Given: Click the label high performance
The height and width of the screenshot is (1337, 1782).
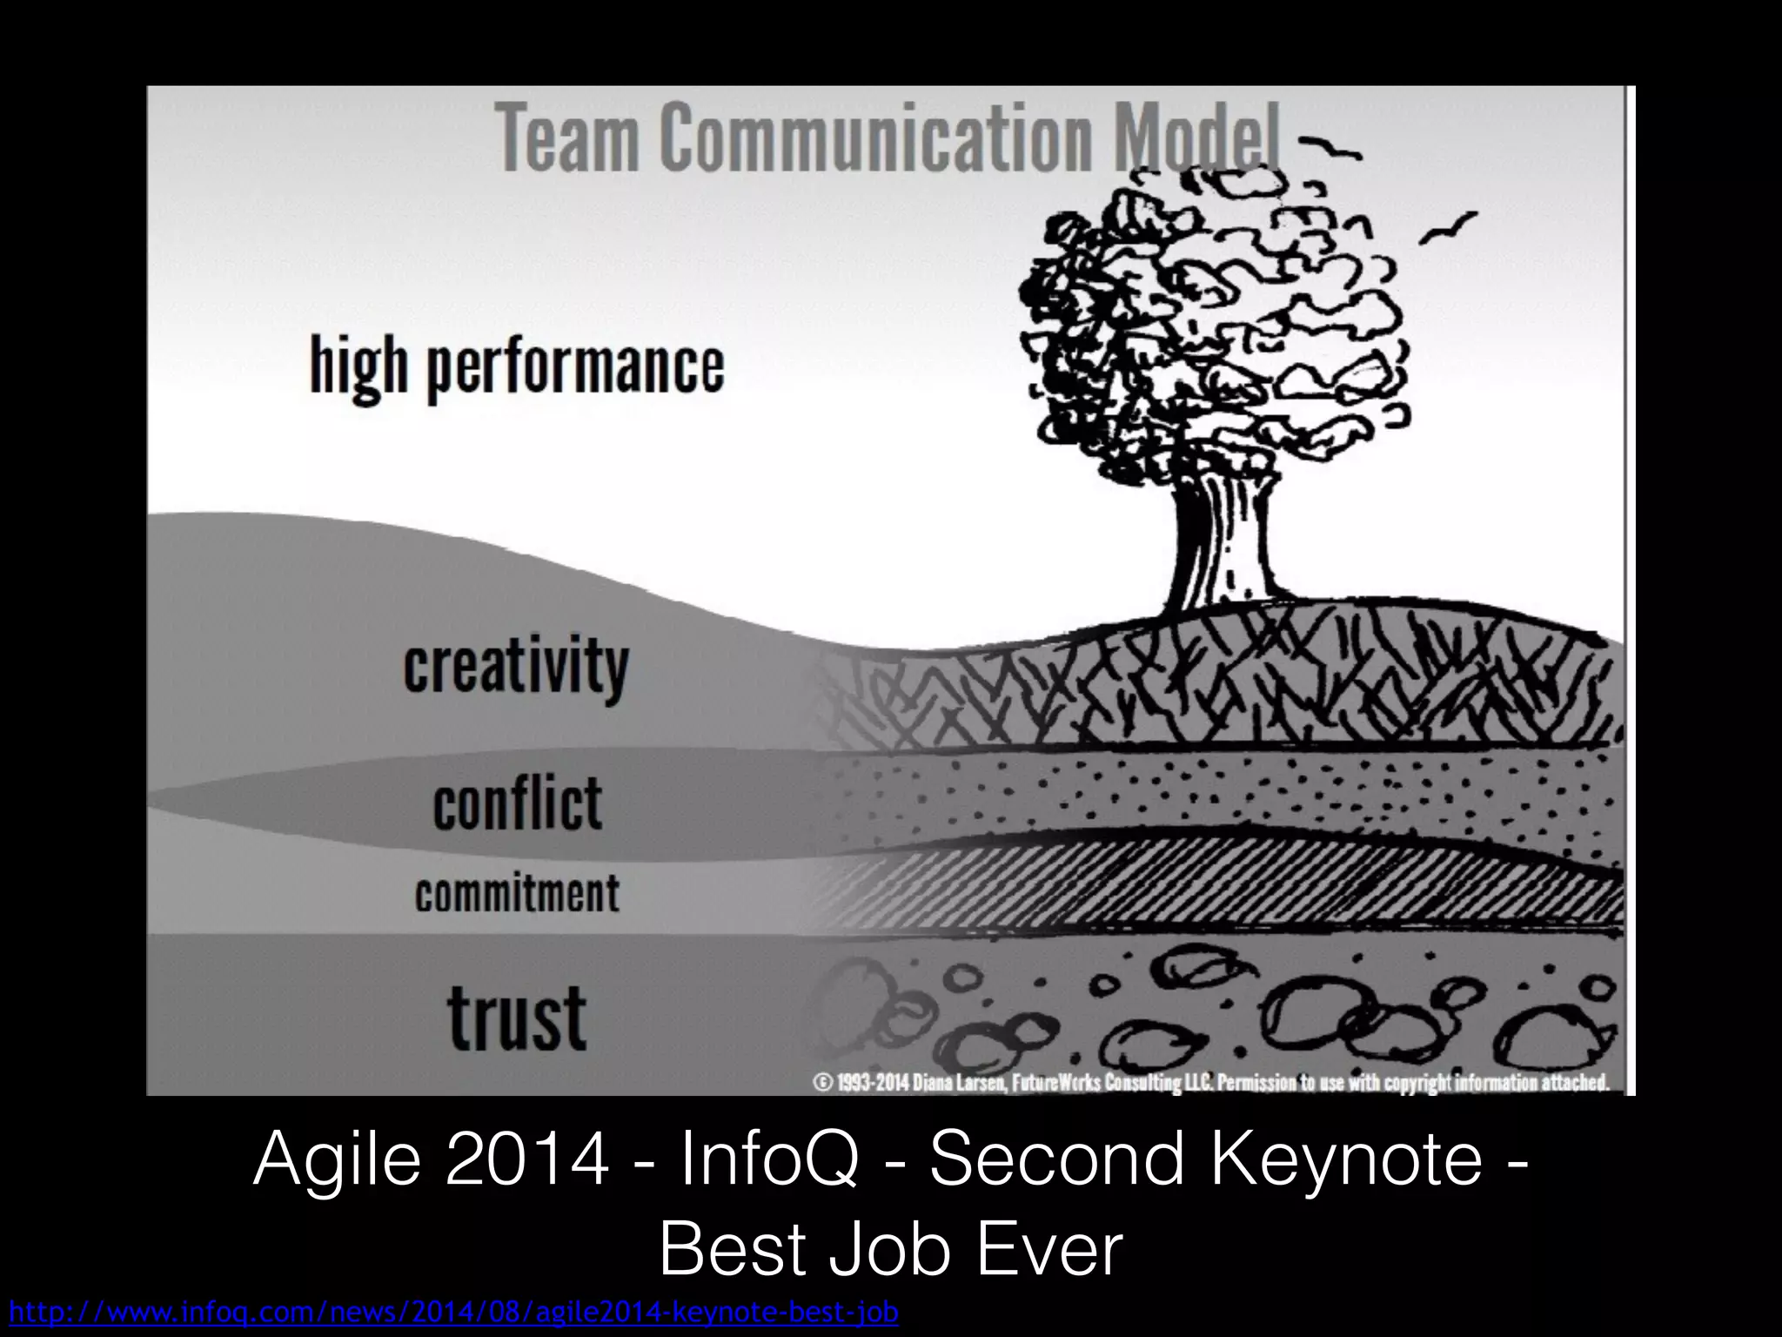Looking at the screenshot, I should coord(517,367).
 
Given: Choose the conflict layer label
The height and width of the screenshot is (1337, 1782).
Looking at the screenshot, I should coord(517,803).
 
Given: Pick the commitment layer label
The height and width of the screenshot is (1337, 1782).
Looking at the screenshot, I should coord(517,894).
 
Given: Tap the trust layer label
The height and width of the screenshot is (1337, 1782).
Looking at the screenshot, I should coord(517,1017).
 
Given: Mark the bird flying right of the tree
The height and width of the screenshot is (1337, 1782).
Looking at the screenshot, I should coord(1449,228).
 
